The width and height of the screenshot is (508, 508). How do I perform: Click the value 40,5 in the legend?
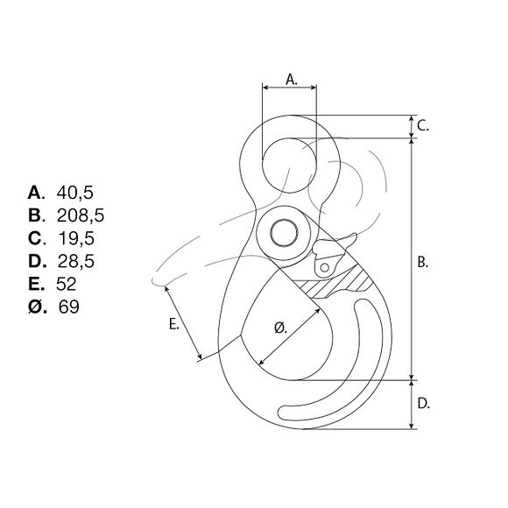tap(74, 192)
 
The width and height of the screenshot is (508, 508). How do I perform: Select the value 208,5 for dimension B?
tap(80, 215)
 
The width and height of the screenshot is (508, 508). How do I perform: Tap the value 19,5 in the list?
tap(74, 237)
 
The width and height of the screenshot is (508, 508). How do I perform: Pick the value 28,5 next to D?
tap(74, 260)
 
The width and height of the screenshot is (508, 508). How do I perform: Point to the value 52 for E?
tap(67, 283)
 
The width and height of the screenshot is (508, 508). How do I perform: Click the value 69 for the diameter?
tap(68, 307)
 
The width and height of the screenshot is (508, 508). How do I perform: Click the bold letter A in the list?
tap(36, 192)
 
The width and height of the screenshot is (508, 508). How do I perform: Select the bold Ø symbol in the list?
tap(36, 307)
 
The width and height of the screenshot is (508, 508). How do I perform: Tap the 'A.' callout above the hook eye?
tap(292, 79)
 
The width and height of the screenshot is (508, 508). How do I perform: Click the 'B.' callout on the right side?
tap(421, 262)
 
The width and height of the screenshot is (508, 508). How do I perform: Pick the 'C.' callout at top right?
tap(422, 125)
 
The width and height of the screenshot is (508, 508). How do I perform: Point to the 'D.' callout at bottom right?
tap(422, 405)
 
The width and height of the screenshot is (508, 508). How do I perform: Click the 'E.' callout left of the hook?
tap(174, 324)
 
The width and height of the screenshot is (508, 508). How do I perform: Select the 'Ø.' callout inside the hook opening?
tap(281, 328)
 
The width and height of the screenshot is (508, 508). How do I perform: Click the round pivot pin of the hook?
tap(283, 233)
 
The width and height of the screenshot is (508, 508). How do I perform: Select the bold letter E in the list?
tap(36, 283)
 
